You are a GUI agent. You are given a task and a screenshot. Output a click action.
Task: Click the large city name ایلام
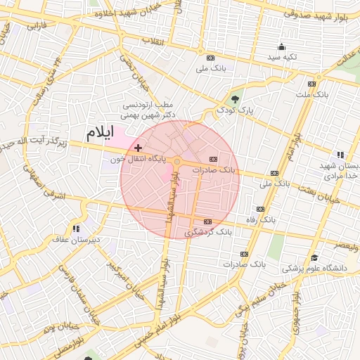98,133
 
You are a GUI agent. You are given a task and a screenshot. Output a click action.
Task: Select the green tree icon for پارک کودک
235,98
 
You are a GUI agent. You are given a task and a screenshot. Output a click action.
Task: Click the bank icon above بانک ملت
311,83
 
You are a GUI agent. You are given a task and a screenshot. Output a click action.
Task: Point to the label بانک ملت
313,94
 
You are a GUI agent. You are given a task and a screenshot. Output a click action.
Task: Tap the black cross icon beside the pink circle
138,148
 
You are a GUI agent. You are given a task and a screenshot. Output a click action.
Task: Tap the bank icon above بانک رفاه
260,209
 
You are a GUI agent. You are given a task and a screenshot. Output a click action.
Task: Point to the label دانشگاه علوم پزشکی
315,269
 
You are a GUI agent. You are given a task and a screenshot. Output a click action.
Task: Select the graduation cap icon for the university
314,257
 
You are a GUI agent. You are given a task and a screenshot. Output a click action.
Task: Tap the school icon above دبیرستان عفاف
76,228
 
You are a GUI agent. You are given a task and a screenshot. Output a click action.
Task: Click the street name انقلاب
153,41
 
